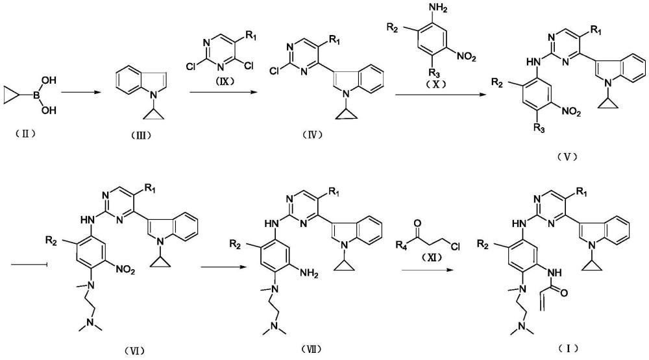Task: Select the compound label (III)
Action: tap(141, 135)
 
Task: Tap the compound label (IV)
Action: tap(312, 134)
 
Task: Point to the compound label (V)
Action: tap(567, 156)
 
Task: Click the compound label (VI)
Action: tap(134, 351)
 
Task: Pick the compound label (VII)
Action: tap(312, 349)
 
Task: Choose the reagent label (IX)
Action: tap(224, 80)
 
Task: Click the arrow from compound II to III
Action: tap(80, 93)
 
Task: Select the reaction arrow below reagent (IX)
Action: tap(221, 93)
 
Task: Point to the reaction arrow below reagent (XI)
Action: tap(426, 270)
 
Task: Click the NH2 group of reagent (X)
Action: tap(439, 8)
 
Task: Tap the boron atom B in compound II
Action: tap(36, 95)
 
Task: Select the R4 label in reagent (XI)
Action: tap(401, 245)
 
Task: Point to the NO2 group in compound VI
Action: tap(125, 270)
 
